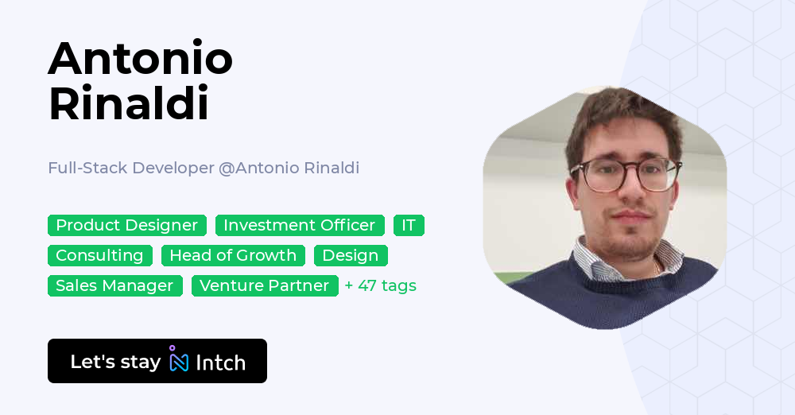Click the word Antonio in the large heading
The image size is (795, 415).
[x=140, y=59]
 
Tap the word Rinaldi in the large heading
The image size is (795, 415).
[x=128, y=104]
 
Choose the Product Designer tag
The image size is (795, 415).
[x=127, y=226]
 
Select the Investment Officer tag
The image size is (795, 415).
[x=300, y=226]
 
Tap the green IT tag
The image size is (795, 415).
[x=409, y=226]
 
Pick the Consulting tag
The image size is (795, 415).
[x=99, y=256]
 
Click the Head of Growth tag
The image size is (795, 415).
[x=233, y=256]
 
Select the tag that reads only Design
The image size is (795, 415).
[x=351, y=256]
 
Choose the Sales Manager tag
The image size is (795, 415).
[x=114, y=286]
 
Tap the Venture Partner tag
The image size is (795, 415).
[x=265, y=286]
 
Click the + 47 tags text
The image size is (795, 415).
[x=381, y=286]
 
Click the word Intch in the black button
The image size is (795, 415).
[x=220, y=363]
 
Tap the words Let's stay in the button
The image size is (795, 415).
[x=115, y=362]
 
